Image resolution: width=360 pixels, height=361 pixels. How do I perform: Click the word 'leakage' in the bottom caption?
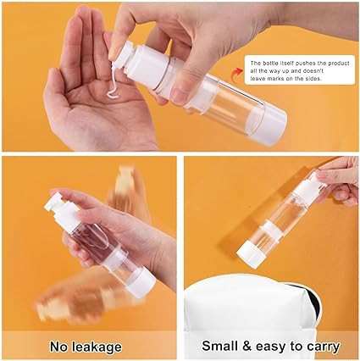[97, 347]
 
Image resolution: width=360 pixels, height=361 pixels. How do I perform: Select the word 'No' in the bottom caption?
[59, 347]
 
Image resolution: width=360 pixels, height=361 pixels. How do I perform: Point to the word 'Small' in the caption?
[219, 346]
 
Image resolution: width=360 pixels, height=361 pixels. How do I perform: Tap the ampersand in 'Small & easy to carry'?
[246, 346]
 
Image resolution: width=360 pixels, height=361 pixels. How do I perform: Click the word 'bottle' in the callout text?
[269, 63]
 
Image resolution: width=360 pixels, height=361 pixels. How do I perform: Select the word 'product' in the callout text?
[339, 64]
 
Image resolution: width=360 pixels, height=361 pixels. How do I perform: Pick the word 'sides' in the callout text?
[314, 79]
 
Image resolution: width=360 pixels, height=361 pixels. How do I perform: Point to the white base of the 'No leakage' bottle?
[142, 282]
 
